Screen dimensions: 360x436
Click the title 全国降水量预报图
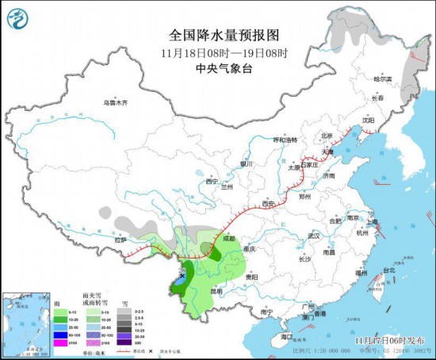[224, 35]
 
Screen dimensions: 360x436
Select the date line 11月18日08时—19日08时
[224, 52]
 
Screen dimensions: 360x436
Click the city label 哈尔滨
[383, 79]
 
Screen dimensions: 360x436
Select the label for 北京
[327, 136]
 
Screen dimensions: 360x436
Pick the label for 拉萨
[120, 239]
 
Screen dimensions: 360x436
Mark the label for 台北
[388, 270]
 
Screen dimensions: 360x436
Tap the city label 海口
[287, 337]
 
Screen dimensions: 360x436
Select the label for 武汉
[313, 236]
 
